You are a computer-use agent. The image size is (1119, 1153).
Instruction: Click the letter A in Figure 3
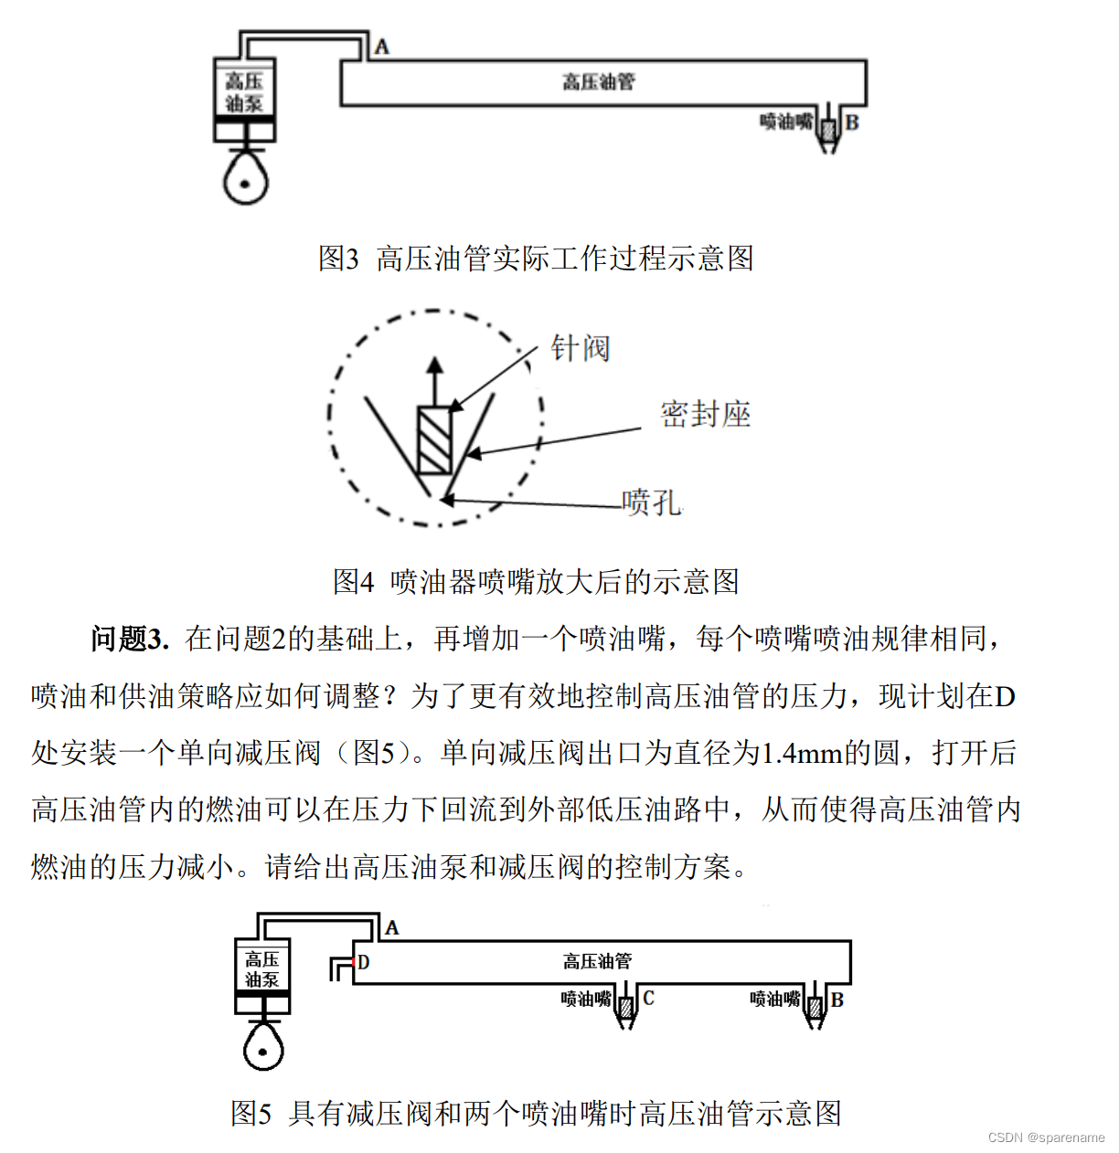381,47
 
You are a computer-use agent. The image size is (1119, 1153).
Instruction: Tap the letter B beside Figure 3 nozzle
852,122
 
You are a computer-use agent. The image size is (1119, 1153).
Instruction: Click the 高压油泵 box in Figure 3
244,93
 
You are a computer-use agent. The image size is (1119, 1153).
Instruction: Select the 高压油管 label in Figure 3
598,82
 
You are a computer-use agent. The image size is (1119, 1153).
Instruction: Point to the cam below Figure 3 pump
246,178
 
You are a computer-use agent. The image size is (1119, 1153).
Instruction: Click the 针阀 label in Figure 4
580,348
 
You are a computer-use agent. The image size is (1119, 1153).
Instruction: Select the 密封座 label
705,415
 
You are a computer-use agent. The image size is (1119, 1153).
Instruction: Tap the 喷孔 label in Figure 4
651,502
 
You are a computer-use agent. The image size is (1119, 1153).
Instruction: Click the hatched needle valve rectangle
434,440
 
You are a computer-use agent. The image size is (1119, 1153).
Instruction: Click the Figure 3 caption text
536,259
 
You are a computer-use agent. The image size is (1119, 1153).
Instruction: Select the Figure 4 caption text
536,581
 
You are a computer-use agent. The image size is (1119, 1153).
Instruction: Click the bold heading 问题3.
129,639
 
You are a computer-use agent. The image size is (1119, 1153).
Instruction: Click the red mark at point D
354,962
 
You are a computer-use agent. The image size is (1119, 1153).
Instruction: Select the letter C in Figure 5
648,998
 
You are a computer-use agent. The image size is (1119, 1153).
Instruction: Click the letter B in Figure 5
837,1000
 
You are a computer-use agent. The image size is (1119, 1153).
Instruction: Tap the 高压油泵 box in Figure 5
262,970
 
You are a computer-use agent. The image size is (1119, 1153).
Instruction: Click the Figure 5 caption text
536,1113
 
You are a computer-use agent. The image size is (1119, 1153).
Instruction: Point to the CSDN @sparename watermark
1046,1137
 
